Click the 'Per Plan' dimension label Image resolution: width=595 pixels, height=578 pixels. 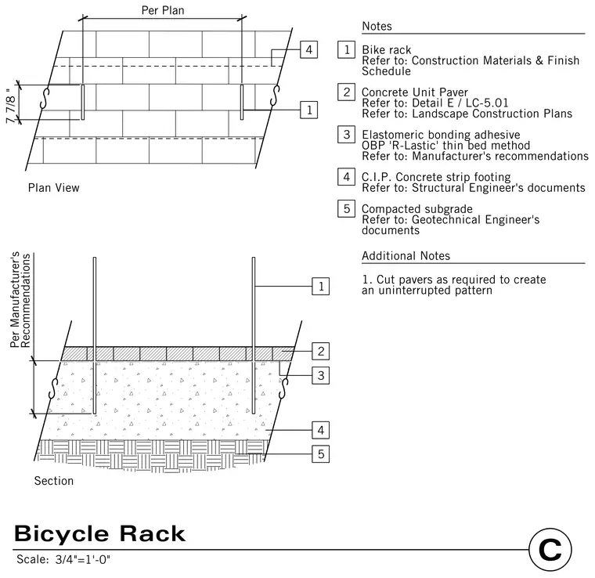point(163,10)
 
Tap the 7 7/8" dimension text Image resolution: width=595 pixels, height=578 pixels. point(11,107)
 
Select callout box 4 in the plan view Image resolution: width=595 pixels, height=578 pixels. point(309,49)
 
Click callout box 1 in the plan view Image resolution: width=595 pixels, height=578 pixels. point(309,110)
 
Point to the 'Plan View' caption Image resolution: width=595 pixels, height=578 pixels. point(53,187)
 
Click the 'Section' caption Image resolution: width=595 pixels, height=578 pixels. point(54,480)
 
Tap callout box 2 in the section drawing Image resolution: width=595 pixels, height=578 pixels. point(321,351)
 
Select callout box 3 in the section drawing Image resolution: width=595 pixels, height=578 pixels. point(321,375)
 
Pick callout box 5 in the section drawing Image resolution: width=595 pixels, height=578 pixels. point(321,454)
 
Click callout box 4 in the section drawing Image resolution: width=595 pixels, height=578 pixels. point(321,430)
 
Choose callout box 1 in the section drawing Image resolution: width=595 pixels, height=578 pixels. point(321,286)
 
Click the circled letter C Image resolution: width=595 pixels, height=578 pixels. point(550,550)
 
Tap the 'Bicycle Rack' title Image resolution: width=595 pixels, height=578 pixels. point(99,533)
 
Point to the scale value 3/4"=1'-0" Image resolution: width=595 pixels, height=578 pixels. point(83,559)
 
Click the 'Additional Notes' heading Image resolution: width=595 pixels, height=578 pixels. point(406,255)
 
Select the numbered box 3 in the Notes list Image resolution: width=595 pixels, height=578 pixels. point(347,135)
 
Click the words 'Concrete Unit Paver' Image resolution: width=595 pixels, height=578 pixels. point(415,92)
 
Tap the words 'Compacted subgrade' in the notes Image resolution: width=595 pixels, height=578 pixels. point(417,209)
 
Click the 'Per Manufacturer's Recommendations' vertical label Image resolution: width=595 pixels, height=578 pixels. point(20,300)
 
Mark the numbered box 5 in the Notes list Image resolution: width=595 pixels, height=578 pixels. point(347,208)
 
